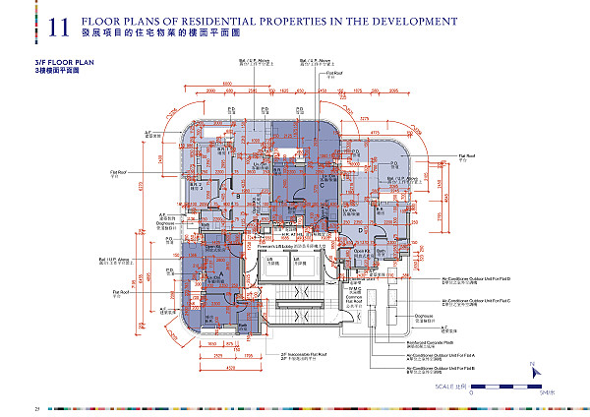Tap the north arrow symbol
tap(532, 371)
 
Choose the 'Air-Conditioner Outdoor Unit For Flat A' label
tap(442, 354)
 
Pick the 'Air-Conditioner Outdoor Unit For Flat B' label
tap(442, 368)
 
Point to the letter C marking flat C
tap(321, 183)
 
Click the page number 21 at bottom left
tap(9, 408)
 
